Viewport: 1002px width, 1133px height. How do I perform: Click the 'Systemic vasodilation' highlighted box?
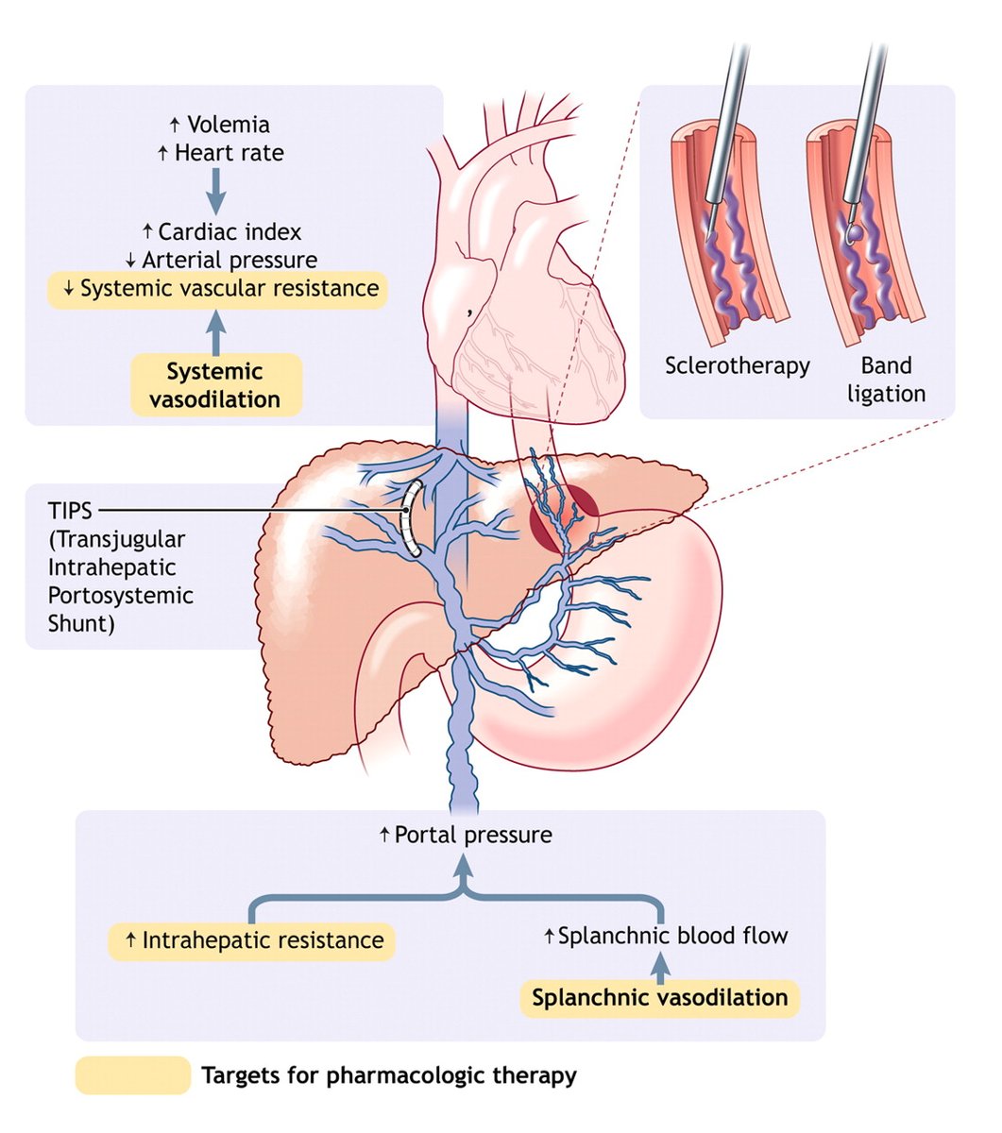pos(216,385)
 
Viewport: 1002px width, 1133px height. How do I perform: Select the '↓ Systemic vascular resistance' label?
pos(218,289)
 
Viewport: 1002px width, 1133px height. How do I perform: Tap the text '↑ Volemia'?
pos(219,125)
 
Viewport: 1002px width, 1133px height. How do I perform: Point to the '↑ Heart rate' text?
pos(220,153)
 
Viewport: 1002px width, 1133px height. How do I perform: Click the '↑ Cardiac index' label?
pos(221,231)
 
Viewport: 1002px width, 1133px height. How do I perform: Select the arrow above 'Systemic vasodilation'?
pos(217,331)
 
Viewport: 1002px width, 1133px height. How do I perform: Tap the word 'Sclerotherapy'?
pos(737,365)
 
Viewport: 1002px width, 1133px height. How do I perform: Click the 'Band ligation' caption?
pos(886,380)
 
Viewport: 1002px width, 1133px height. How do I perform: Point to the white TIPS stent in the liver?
pos(408,517)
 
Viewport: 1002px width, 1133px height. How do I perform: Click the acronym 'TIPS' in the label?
pos(70,511)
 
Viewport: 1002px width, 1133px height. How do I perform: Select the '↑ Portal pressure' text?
pos(465,835)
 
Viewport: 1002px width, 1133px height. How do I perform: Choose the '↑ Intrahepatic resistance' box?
pos(251,940)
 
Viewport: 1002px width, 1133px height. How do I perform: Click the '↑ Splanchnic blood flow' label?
pos(666,936)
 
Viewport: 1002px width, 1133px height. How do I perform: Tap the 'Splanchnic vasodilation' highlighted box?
pos(659,998)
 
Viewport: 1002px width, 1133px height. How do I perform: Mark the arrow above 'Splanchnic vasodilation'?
pos(660,966)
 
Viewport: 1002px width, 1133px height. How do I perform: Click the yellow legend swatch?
pos(132,1075)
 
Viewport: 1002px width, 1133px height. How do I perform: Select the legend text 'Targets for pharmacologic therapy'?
pos(388,1075)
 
